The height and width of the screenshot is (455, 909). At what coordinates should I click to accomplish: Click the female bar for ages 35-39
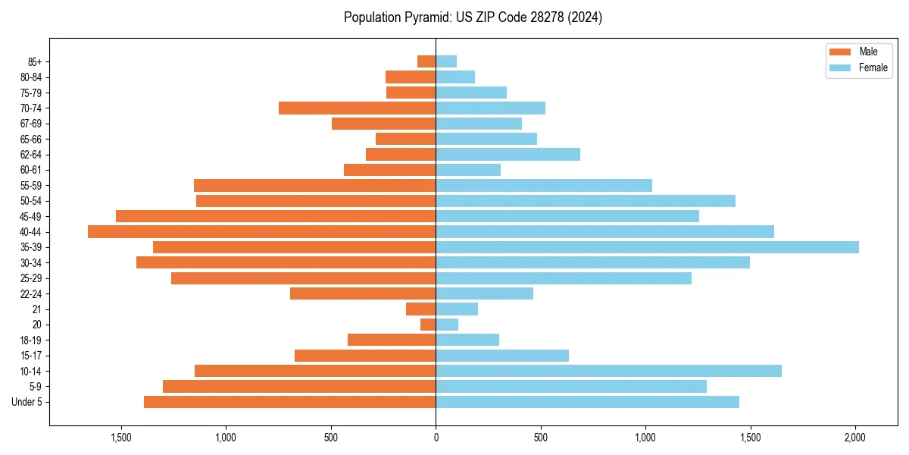pyautogui.click(x=647, y=247)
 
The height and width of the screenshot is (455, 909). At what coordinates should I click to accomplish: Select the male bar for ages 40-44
pyautogui.click(x=261, y=231)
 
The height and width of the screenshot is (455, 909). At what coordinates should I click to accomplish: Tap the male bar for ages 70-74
pyautogui.click(x=357, y=108)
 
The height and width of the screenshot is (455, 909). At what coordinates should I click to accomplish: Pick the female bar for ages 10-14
pyautogui.click(x=608, y=371)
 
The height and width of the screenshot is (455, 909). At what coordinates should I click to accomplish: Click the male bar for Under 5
pyautogui.click(x=289, y=402)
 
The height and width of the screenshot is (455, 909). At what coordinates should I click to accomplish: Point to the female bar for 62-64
pyautogui.click(x=508, y=154)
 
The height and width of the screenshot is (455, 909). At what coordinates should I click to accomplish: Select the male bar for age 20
pyautogui.click(x=428, y=325)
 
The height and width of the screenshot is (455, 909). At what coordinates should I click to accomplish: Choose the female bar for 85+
pyautogui.click(x=446, y=61)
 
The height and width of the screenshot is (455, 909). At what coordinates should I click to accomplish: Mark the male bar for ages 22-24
pyautogui.click(x=363, y=293)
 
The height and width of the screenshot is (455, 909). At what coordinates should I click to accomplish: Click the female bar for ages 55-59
pyautogui.click(x=544, y=185)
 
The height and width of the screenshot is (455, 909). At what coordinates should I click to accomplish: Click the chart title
pyautogui.click(x=473, y=17)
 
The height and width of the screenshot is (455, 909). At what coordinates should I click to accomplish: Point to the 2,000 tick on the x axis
pyautogui.click(x=855, y=438)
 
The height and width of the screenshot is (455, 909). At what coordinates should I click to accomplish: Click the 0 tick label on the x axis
pyautogui.click(x=436, y=438)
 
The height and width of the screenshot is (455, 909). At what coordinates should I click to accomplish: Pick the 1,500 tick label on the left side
pyautogui.click(x=121, y=438)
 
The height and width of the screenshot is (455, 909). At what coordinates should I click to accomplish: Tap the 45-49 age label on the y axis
pyautogui.click(x=30, y=216)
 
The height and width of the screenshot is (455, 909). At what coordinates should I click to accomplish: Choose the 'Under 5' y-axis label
pyautogui.click(x=27, y=402)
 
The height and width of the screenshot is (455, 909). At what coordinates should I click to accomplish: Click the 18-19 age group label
pyautogui.click(x=30, y=340)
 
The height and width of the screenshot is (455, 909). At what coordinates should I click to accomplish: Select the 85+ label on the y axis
pyautogui.click(x=34, y=61)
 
